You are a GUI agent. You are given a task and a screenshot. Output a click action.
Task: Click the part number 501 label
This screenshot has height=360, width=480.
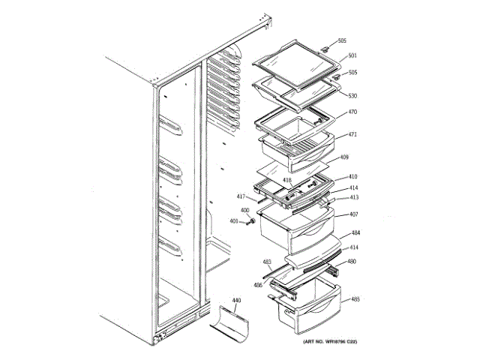pyautogui.click(x=352, y=55)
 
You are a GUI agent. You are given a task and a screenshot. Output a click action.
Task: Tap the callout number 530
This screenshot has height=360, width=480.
pyautogui.click(x=352, y=96)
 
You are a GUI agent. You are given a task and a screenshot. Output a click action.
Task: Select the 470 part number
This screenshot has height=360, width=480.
pyautogui.click(x=352, y=112)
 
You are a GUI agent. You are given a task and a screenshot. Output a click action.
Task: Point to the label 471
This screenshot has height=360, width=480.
pyautogui.click(x=352, y=135)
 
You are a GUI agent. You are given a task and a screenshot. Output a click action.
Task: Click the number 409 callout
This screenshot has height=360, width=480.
pyautogui.click(x=345, y=157)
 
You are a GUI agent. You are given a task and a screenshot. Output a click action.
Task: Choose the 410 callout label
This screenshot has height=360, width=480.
pyautogui.click(x=352, y=178)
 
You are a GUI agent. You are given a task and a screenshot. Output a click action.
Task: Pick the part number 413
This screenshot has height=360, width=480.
pyautogui.click(x=354, y=197)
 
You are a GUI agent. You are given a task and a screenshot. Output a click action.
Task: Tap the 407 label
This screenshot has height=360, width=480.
pyautogui.click(x=353, y=214)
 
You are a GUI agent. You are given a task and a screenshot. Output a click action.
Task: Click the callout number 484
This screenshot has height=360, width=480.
pyautogui.click(x=354, y=234)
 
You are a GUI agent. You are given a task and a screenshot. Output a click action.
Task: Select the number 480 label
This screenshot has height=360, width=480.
pyautogui.click(x=351, y=262)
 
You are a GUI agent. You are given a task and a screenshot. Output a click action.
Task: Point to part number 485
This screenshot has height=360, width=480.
pyautogui.click(x=355, y=300)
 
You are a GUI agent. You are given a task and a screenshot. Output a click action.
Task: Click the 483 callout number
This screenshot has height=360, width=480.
pyautogui.click(x=267, y=262)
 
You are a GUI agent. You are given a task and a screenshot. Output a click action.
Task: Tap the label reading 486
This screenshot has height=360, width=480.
pyautogui.click(x=258, y=285)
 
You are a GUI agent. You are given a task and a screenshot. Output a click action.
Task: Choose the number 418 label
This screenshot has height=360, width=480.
pyautogui.click(x=286, y=181)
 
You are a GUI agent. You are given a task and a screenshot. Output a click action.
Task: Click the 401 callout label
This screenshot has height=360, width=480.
pyautogui.click(x=233, y=221)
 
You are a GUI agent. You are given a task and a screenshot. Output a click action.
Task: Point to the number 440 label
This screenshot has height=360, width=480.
pyautogui.click(x=236, y=300)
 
